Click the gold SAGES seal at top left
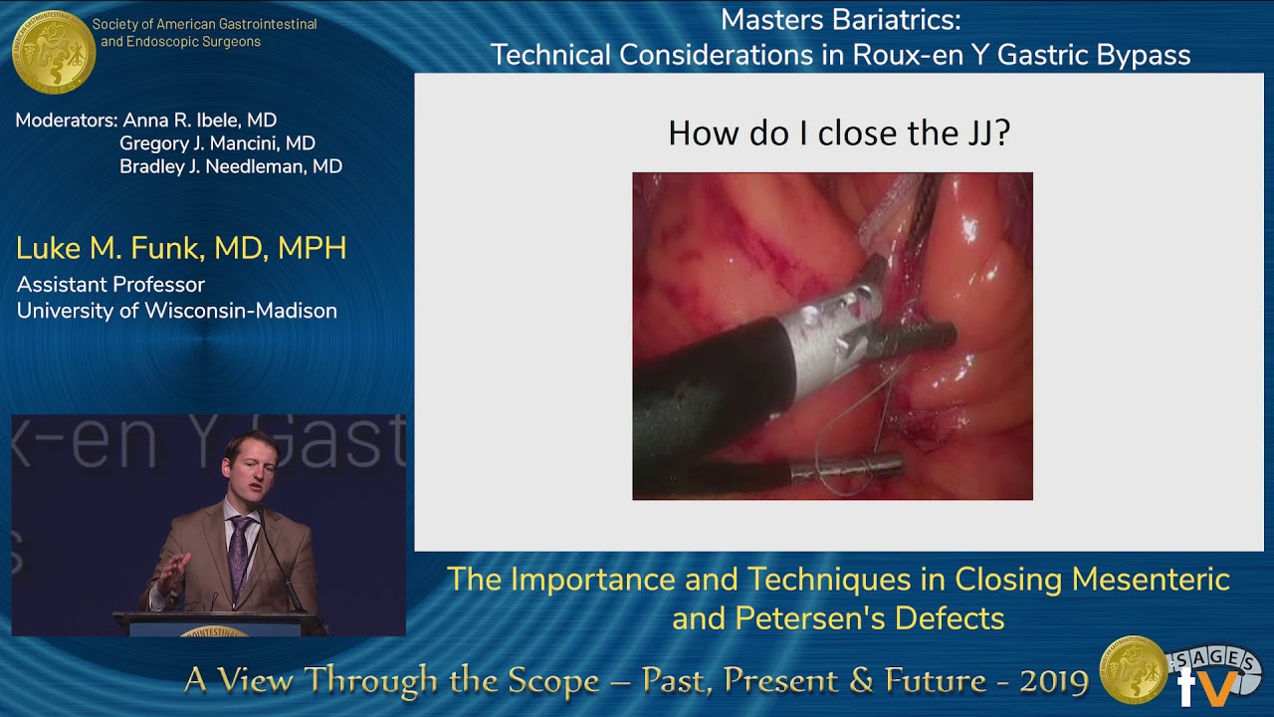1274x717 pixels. coord(53,52)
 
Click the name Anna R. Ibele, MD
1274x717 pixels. coord(199,120)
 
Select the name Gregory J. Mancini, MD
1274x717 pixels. coord(217,143)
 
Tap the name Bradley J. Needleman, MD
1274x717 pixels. coord(230,166)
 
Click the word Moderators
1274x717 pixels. coord(66,120)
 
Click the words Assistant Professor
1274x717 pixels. coord(110,285)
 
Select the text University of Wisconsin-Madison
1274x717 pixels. coord(176,311)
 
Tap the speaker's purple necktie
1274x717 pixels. coord(240,553)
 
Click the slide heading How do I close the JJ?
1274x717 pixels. coord(838,132)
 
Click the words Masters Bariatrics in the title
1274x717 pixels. coord(840,19)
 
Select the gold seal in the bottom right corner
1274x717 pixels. coord(1133,670)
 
